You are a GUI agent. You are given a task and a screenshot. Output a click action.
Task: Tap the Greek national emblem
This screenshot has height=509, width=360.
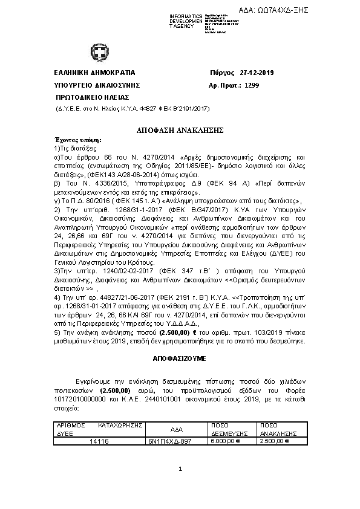coord(99,51)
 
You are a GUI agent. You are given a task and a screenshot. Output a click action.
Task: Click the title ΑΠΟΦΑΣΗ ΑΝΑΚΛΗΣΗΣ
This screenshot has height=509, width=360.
coord(180,130)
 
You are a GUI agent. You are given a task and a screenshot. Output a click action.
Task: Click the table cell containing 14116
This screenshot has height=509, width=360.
coord(99,442)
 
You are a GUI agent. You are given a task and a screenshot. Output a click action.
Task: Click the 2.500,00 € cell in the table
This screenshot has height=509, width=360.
coord(275,442)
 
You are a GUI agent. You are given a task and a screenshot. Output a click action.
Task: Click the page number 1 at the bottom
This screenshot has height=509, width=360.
coord(180,470)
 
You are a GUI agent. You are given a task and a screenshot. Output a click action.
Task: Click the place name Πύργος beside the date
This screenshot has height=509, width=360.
coord(221,73)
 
